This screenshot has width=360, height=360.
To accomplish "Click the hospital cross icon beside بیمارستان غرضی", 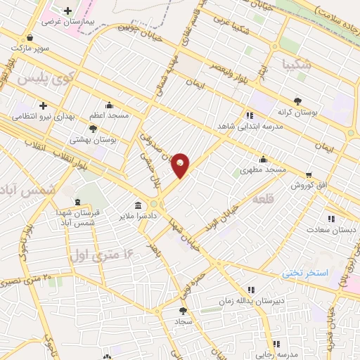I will pyautogui.click(x=67, y=11).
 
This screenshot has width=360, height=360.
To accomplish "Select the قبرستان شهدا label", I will pyautogui.click(x=80, y=212).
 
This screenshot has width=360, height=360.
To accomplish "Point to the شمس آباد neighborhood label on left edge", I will pyautogui.click(x=18, y=191).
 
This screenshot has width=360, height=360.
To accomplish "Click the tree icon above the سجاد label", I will pyautogui.click(x=184, y=309).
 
